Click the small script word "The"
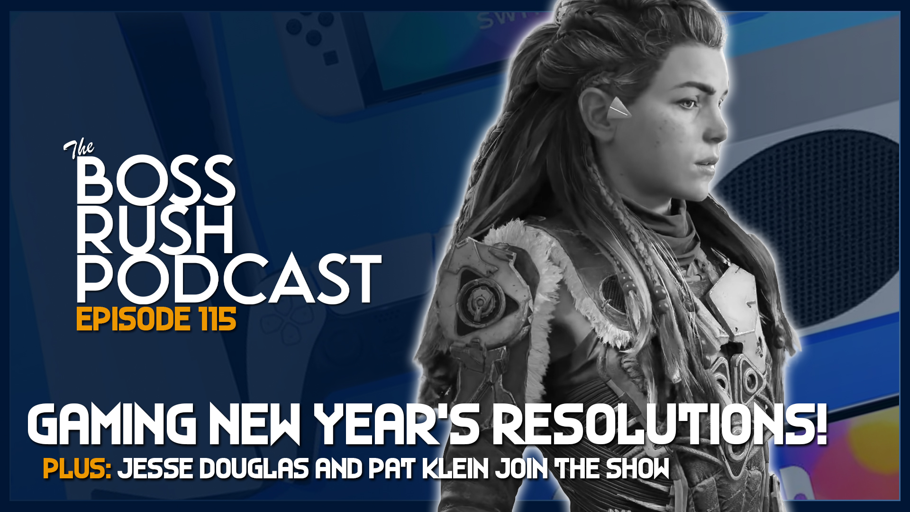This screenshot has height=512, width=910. (x=79, y=149)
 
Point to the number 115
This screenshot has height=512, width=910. (x=218, y=319)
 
